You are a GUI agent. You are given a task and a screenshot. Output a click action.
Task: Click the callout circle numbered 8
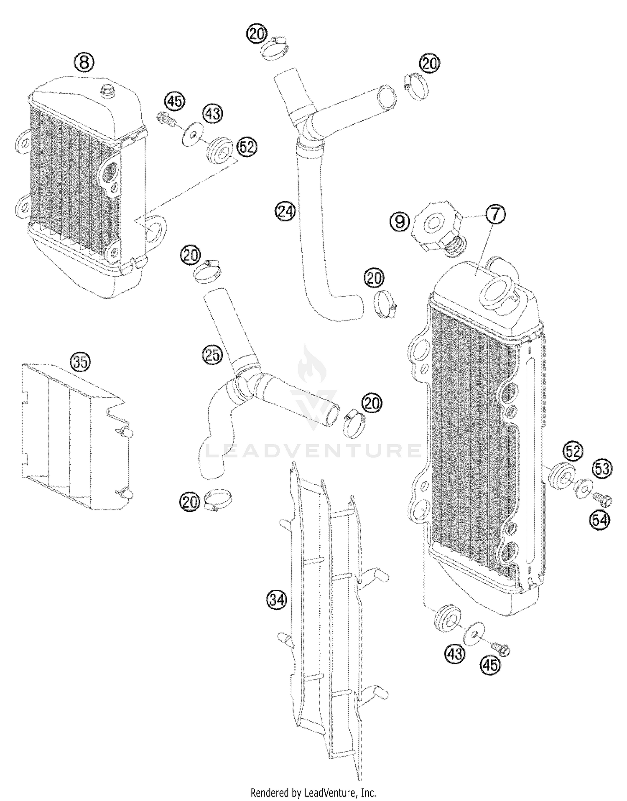click(84, 63)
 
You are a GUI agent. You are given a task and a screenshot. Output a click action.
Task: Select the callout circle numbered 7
click(495, 214)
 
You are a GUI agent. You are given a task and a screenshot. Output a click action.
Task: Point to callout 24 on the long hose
click(286, 211)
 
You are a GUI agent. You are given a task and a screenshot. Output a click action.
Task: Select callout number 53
click(602, 469)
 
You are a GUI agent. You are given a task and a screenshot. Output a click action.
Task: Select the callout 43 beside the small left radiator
click(213, 113)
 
